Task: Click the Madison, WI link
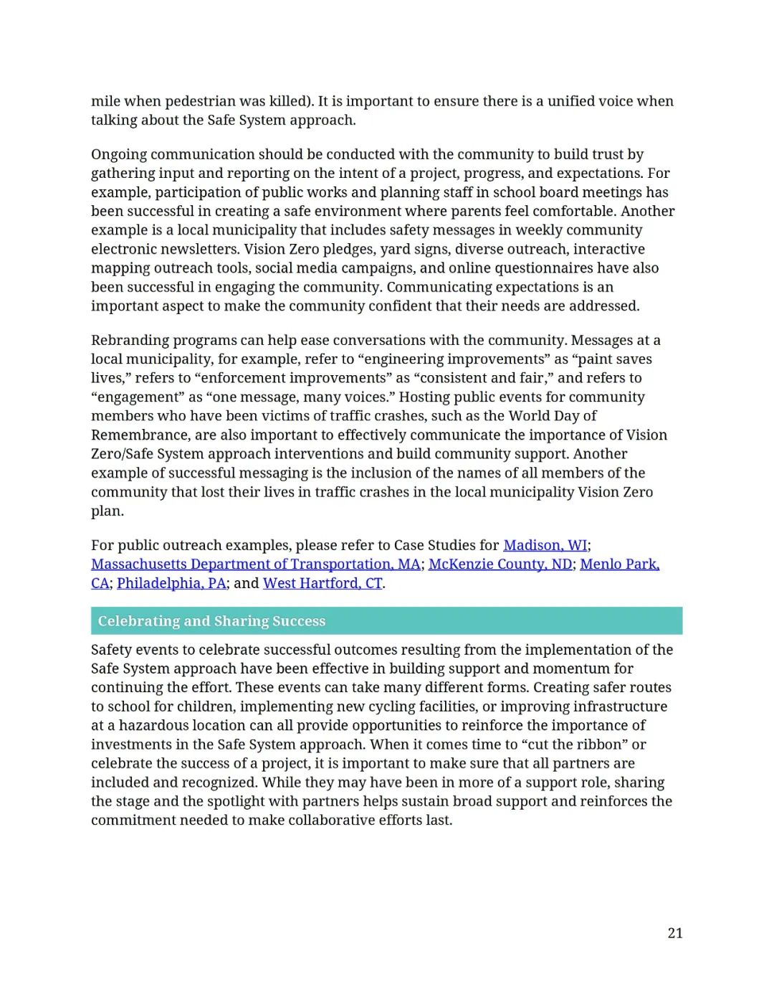545,545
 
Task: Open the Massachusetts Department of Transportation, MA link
255,564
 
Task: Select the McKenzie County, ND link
500,564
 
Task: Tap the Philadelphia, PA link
171,583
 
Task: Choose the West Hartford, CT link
322,583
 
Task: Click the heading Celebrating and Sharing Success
211,621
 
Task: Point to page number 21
674,933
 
